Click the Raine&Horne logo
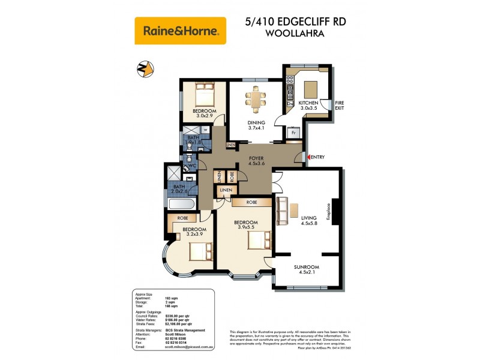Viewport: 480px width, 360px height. coord(180,30)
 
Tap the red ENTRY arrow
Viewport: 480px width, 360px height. coord(308,157)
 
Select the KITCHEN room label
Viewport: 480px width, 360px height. coord(308,103)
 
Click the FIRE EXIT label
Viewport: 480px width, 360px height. coord(340,105)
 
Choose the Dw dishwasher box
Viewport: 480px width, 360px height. coord(290,104)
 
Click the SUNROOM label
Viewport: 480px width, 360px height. coord(306,267)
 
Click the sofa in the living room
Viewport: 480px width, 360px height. coord(281,210)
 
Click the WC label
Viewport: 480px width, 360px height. coord(193,166)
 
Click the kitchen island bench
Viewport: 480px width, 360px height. coord(311,89)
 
